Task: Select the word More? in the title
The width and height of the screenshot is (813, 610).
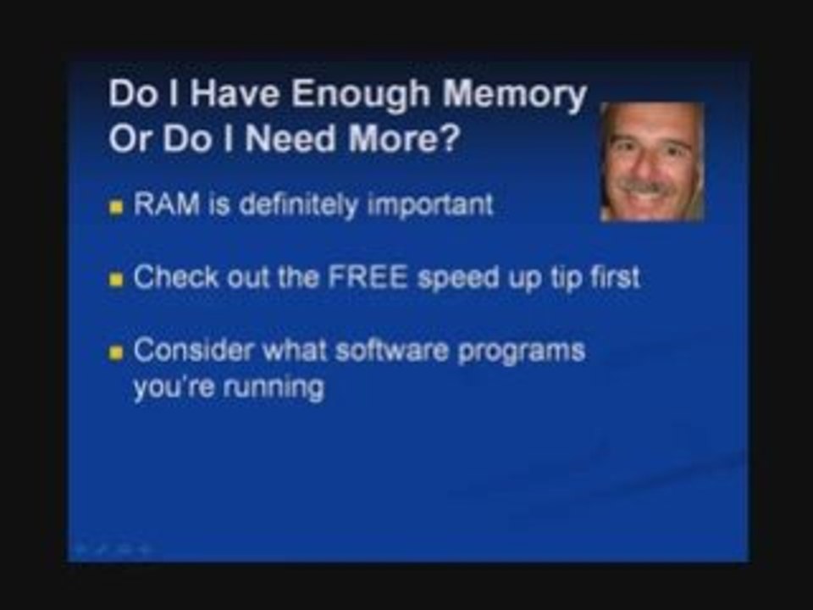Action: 404,138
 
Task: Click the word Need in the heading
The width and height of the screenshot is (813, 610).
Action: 290,138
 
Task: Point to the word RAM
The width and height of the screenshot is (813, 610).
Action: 167,204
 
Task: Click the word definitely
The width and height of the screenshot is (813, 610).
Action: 298,205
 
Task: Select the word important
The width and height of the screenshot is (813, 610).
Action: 430,205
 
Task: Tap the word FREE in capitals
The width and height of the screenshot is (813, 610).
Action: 368,277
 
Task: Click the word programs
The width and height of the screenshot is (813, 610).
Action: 522,352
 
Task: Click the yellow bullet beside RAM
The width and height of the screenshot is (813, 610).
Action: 116,208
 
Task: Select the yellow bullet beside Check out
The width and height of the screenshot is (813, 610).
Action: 116,280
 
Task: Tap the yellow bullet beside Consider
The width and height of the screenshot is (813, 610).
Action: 116,354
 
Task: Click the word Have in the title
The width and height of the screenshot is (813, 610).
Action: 234,94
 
